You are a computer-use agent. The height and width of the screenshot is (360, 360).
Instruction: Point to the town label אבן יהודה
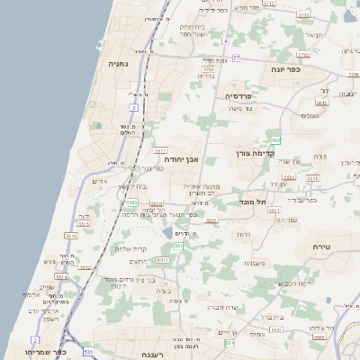pos(181,157)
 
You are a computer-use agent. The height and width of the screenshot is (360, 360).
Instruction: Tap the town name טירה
pos(322,246)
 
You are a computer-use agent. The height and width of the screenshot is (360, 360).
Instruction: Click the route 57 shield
pos(237,58)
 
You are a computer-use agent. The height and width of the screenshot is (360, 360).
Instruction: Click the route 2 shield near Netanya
pos(133,107)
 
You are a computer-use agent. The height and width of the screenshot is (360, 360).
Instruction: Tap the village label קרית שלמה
pos(132,249)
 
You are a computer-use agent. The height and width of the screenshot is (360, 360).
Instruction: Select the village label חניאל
pos(313,35)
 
